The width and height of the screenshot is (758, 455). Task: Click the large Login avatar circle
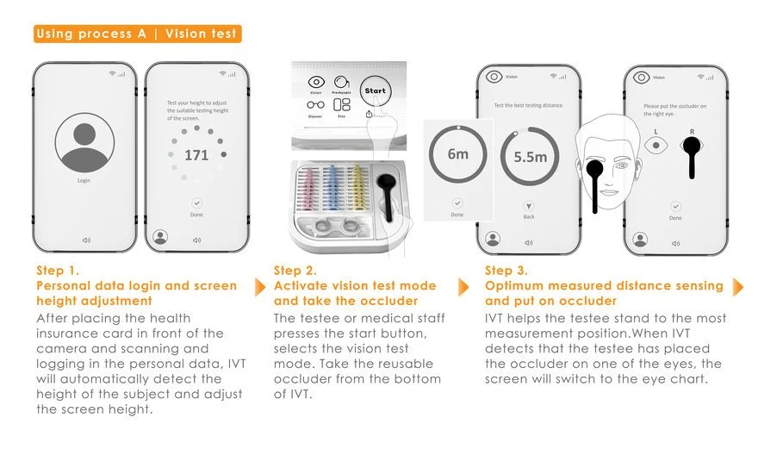tap(84, 143)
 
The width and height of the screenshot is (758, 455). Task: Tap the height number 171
tap(196, 156)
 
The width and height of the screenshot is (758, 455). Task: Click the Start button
tap(375, 90)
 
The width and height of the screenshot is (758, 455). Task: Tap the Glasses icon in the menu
tap(316, 106)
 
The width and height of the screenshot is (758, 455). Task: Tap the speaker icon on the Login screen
tap(84, 240)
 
